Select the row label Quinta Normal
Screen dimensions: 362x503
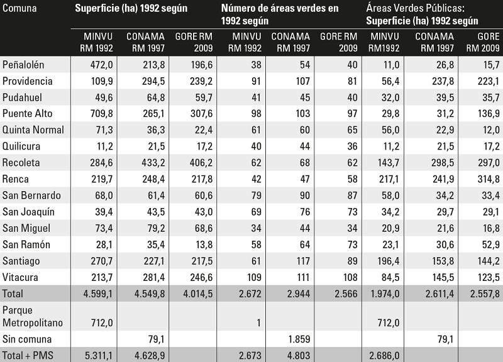pos(33,130)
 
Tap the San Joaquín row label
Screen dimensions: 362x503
pos(28,212)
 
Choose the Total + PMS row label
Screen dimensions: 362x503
pos(27,356)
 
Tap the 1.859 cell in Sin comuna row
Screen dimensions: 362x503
pos(296,339)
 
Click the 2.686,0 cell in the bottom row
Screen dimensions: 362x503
pos(384,356)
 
